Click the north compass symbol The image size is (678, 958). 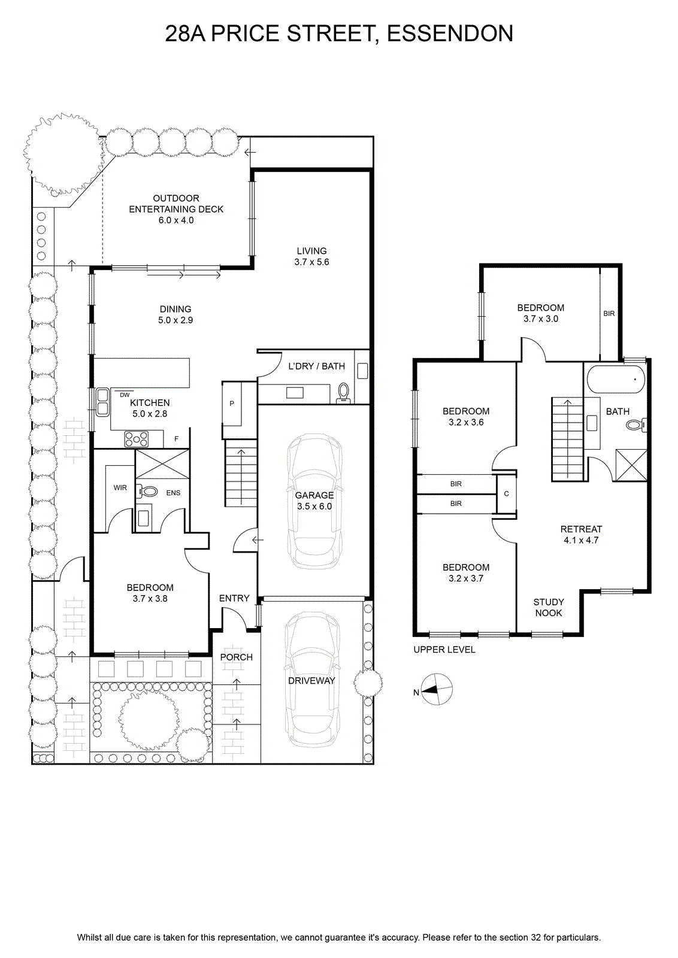[x=437, y=689]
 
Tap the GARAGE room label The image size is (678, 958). [x=314, y=495]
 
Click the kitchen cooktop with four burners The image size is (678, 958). [x=137, y=439]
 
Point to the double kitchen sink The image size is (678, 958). [x=102, y=402]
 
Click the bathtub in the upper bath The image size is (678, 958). [x=616, y=379]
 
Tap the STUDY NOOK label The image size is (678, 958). [x=549, y=607]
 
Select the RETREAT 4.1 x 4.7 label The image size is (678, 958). [x=581, y=535]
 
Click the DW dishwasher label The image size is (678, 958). [x=125, y=395]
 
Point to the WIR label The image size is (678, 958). [x=120, y=487]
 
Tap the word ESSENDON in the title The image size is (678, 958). [x=450, y=34]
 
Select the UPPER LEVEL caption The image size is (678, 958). [x=444, y=649]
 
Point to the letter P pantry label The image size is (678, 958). [x=232, y=404]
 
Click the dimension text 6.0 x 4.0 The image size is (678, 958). [x=176, y=220]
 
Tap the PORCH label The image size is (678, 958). [x=236, y=657]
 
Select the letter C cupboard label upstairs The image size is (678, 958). [x=507, y=493]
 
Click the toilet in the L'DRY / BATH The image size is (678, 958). [x=343, y=393]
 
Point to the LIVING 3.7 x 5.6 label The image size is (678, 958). [x=311, y=257]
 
